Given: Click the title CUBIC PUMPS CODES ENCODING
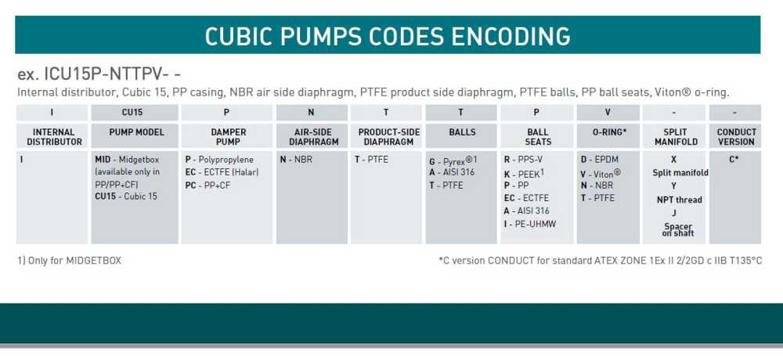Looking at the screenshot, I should pyautogui.click(x=388, y=36).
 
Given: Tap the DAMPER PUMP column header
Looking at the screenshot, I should pyautogui.click(x=228, y=137).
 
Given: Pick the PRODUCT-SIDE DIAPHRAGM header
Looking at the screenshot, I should pyautogui.click(x=384, y=137).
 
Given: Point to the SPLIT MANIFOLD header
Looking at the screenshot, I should pyautogui.click(x=674, y=137).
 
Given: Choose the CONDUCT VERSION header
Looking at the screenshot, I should pyautogui.click(x=736, y=137).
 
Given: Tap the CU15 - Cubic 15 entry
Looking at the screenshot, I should pyautogui.click(x=125, y=196).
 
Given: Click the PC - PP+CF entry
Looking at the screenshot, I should pyautogui.click(x=207, y=185).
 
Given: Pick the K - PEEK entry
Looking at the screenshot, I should pyautogui.click(x=524, y=173).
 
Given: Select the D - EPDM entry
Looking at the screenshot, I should pyautogui.click(x=599, y=160).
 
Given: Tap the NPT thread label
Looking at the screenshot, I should pyautogui.click(x=679, y=200).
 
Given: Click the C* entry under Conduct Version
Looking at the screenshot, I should pyautogui.click(x=734, y=159).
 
